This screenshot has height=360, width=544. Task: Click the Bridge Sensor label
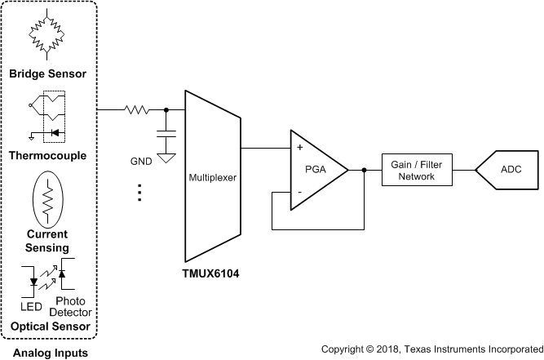coord(47,74)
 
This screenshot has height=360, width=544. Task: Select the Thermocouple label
coord(47,155)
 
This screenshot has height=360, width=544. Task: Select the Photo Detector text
coord(71,306)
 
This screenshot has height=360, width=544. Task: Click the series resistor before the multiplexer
coord(136,109)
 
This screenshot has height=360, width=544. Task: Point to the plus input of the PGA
coord(299,148)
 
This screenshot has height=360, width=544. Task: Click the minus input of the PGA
coord(299,192)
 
